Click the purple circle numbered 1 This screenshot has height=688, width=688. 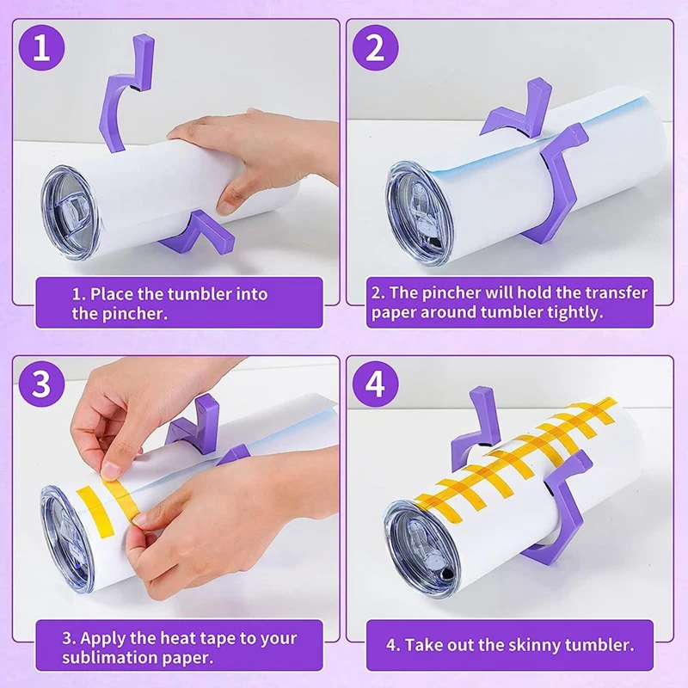pos(41,48)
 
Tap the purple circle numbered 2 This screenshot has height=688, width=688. pos(376,48)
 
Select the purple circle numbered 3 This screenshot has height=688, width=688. pos(41,384)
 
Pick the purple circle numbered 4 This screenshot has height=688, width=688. pos(376,384)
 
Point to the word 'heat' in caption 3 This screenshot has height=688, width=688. pos(178,638)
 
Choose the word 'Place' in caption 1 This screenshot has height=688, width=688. pos(112,294)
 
